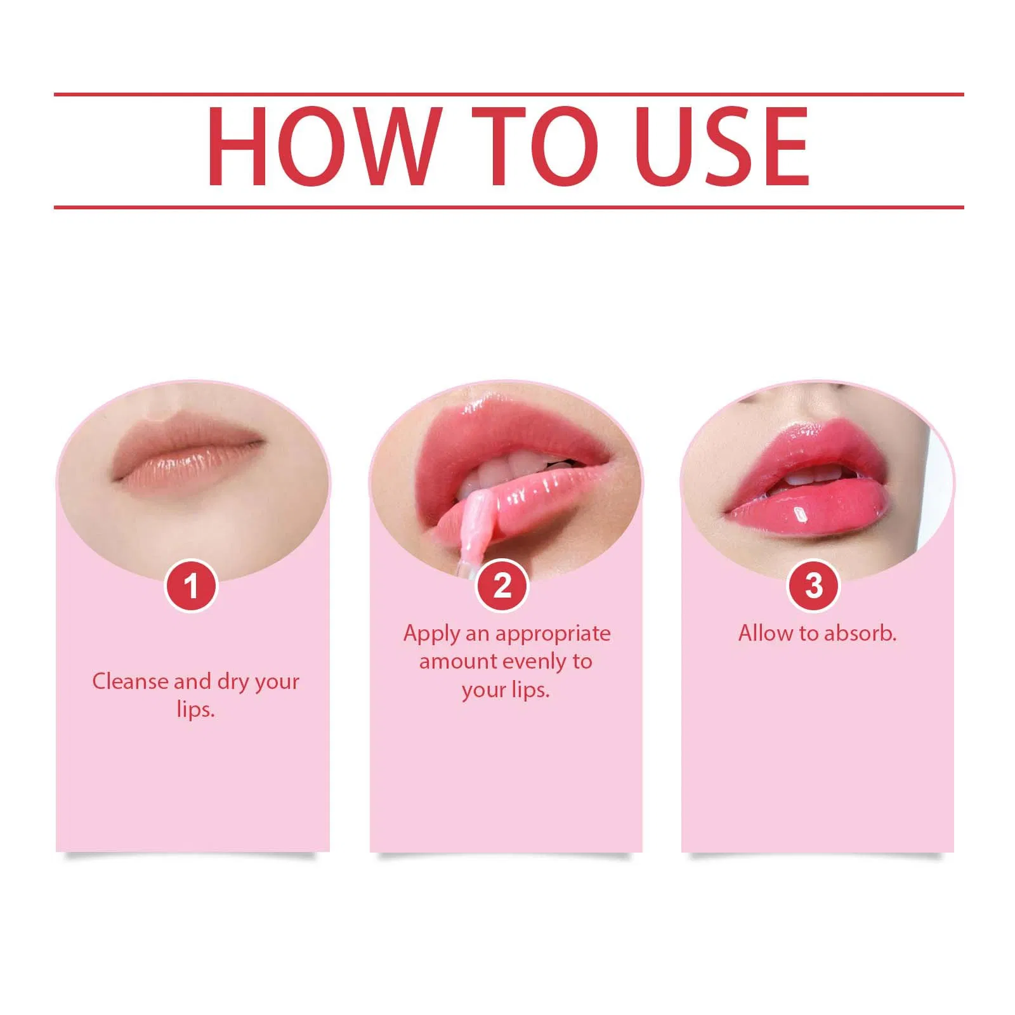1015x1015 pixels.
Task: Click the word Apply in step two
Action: pyautogui.click(x=432, y=634)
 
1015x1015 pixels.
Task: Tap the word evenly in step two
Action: pyautogui.click(x=535, y=662)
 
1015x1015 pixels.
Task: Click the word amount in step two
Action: pyautogui.click(x=457, y=662)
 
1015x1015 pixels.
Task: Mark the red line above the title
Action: pyautogui.click(x=509, y=95)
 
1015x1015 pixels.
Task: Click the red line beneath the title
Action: pyautogui.click(x=509, y=207)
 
